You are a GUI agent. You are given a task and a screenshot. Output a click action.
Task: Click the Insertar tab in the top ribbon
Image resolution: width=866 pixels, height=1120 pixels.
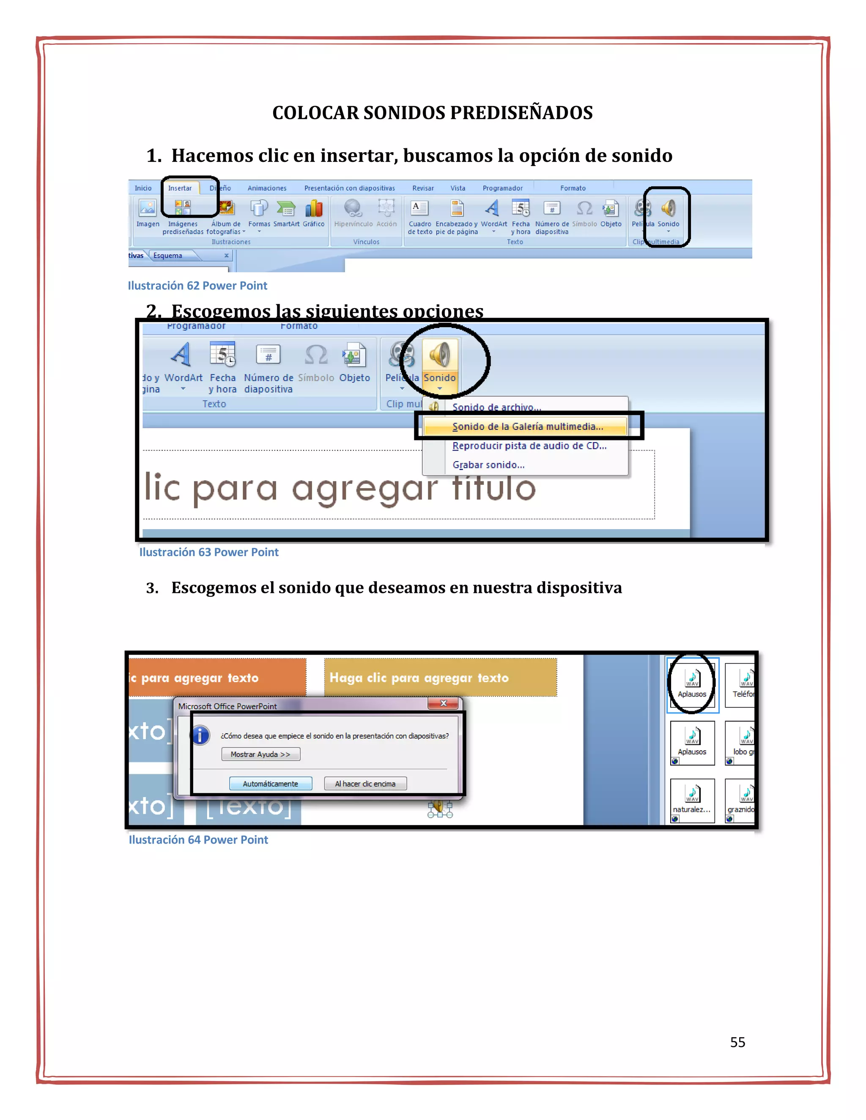click(180, 188)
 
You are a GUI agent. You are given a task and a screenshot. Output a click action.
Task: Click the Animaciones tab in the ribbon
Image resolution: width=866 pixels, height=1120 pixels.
click(267, 188)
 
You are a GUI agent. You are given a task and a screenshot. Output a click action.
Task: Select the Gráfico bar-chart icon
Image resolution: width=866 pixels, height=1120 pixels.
click(313, 209)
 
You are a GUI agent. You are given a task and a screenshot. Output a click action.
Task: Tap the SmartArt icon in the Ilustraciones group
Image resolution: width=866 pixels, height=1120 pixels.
click(286, 209)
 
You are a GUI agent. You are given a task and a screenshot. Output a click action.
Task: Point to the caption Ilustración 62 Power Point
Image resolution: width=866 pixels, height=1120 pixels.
click(197, 286)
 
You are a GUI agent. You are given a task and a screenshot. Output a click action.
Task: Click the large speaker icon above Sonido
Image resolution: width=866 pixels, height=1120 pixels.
click(440, 355)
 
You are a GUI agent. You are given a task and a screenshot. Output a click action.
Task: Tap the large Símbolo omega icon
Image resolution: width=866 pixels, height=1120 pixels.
click(316, 355)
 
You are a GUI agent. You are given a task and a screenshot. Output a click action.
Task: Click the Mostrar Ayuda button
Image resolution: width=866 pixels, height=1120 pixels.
click(260, 754)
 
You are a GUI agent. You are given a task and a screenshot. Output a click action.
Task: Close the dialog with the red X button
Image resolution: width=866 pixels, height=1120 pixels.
click(443, 703)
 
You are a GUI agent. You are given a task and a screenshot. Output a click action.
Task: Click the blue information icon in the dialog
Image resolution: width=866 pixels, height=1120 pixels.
click(200, 735)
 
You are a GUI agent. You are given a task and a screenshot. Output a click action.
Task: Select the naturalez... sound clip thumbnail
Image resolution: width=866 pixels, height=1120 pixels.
click(692, 798)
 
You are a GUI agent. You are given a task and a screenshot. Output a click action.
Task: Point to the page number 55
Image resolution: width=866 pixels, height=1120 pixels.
click(737, 1042)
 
